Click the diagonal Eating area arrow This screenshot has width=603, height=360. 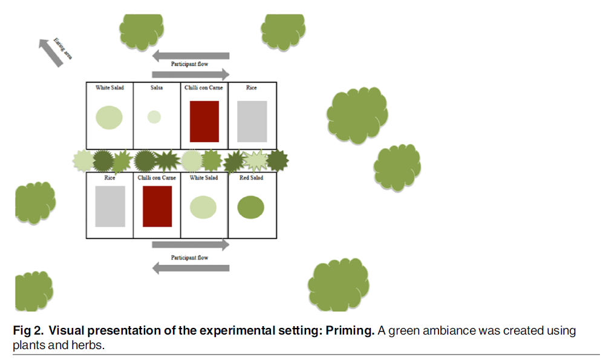(x=51, y=53)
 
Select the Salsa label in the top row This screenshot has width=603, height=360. (x=157, y=88)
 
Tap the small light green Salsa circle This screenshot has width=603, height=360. (x=154, y=117)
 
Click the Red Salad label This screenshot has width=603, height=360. (x=251, y=178)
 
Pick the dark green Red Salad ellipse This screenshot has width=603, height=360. (x=250, y=208)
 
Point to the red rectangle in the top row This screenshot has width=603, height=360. (x=204, y=122)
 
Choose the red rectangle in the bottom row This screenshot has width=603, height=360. (x=157, y=206)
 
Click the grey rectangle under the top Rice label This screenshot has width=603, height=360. (x=252, y=122)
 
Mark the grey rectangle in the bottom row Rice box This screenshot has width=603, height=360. (x=110, y=206)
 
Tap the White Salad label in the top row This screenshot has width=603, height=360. (x=109, y=88)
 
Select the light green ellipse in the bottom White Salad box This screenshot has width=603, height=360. (x=203, y=208)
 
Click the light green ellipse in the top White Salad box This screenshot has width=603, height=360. (x=109, y=117)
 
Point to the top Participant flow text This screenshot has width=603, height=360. (x=189, y=65)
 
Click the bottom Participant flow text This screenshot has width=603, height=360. (x=189, y=258)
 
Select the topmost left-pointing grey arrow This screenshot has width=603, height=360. (x=191, y=56)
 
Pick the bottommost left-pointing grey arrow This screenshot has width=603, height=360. (x=191, y=267)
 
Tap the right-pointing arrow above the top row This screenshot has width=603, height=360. (x=191, y=74)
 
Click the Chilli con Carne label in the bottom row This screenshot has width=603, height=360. (x=157, y=178)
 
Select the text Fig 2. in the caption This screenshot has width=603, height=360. (x=28, y=331)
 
